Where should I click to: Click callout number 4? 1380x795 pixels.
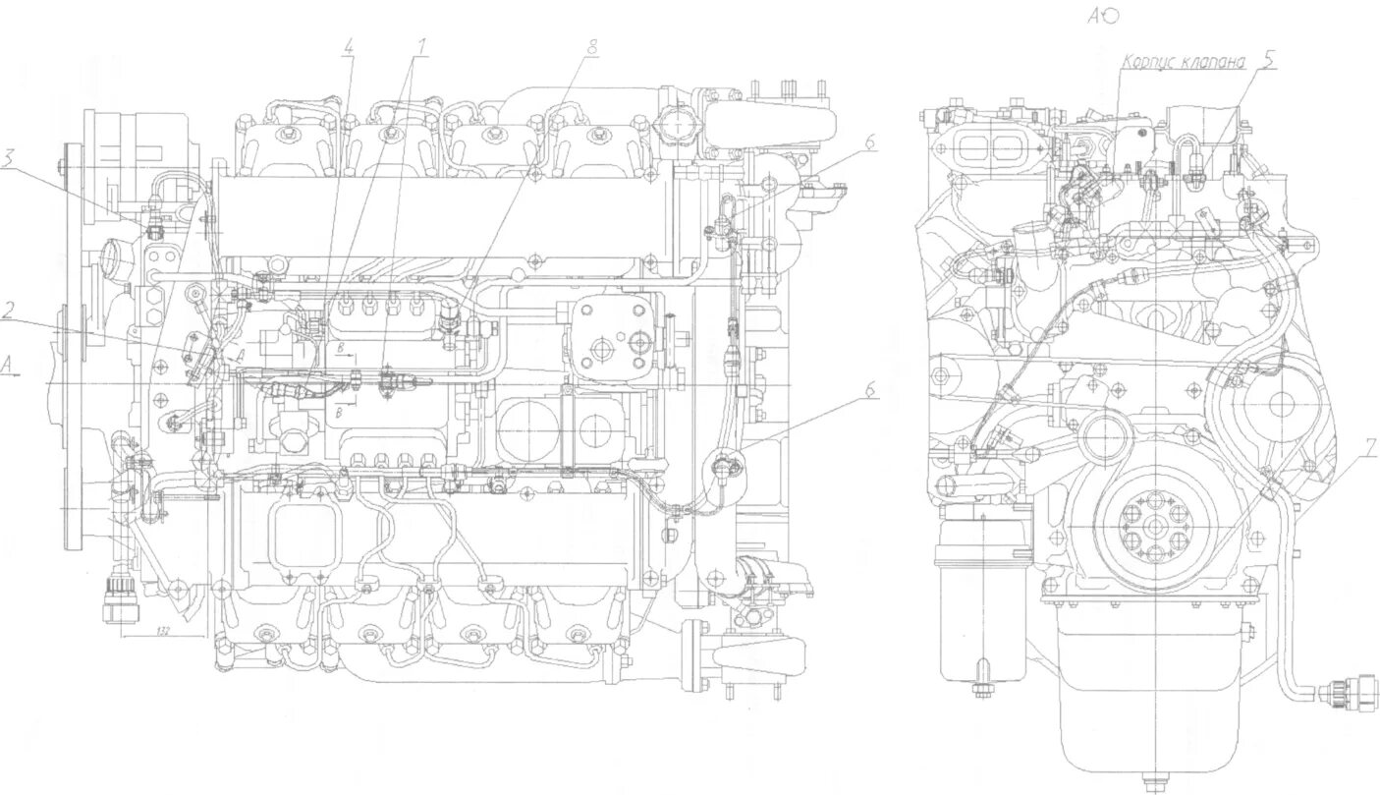point(348,45)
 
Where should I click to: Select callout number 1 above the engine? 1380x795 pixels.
point(422,45)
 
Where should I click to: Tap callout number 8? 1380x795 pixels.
point(590,45)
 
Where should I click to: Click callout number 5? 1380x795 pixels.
point(1269,60)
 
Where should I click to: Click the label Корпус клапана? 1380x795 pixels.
point(1185,62)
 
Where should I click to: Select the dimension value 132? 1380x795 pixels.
point(162,631)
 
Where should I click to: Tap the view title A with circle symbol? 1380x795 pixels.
point(1103,14)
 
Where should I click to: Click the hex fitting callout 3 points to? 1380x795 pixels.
point(154,232)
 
